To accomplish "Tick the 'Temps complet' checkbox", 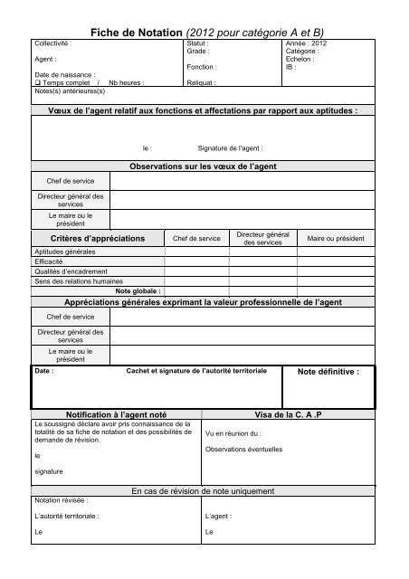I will tap(37, 81).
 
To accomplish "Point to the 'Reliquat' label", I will tap(200, 81).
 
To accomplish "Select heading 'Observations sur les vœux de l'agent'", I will tap(204, 167).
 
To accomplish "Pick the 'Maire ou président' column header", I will tap(336, 238).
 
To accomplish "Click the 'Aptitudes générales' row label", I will tap(64, 252).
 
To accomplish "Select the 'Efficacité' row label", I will tap(49, 261).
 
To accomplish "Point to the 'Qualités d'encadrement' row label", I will tap(71, 271).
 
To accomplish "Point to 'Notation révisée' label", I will tap(62, 500).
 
